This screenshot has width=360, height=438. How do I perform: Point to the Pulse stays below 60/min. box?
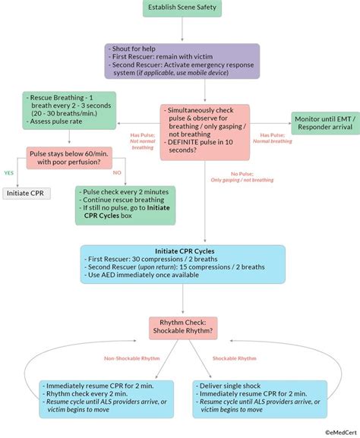[x=69, y=157]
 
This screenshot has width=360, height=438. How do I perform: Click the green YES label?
[x=10, y=172]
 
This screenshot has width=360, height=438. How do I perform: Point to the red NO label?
[x=116, y=172]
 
